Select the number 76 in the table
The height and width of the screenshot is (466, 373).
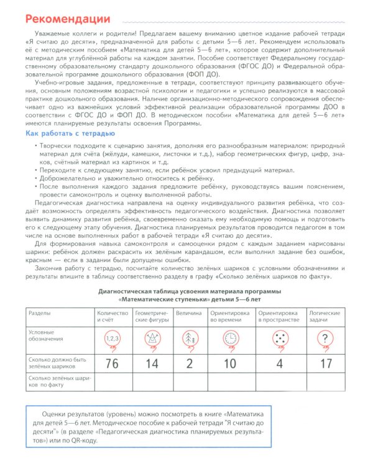(x=112, y=363)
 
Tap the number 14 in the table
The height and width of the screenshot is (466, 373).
(x=152, y=363)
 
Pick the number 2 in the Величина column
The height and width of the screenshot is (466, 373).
(x=188, y=363)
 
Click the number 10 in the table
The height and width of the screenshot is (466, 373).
(x=229, y=363)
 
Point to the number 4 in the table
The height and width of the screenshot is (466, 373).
(x=280, y=363)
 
